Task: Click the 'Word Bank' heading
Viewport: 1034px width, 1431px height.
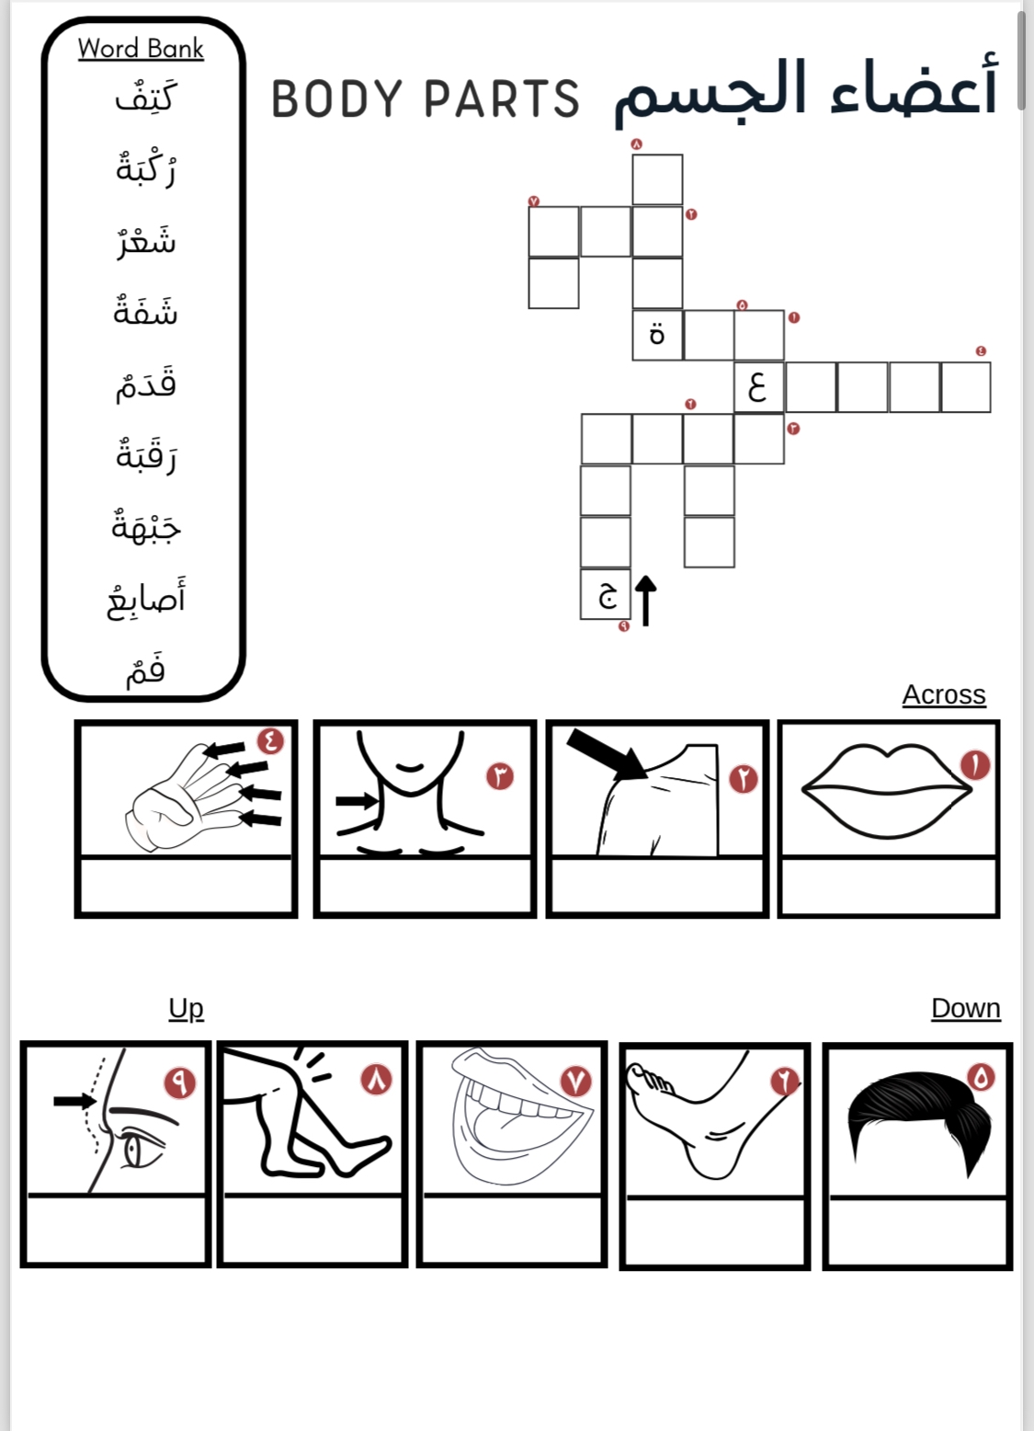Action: click(141, 48)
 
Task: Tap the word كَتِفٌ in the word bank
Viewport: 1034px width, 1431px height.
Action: click(145, 97)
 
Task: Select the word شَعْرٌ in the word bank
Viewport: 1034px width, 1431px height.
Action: click(146, 241)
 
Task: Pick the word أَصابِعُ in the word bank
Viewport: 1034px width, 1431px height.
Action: click(146, 600)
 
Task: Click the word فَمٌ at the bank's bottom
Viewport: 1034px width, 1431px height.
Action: click(146, 670)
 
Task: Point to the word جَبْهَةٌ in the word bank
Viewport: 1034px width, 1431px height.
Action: click(146, 527)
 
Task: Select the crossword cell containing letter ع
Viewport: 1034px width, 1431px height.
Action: click(758, 386)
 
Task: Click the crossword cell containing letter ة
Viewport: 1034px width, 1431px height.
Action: click(656, 335)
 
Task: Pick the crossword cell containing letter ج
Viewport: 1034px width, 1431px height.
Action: click(606, 594)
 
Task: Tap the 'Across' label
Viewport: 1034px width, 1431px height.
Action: click(943, 694)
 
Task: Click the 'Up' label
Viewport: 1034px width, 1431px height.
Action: click(186, 1008)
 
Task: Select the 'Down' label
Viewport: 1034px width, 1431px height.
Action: click(965, 1008)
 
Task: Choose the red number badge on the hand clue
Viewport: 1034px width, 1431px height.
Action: click(270, 740)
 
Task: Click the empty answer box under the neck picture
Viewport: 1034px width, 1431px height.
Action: click(425, 887)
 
